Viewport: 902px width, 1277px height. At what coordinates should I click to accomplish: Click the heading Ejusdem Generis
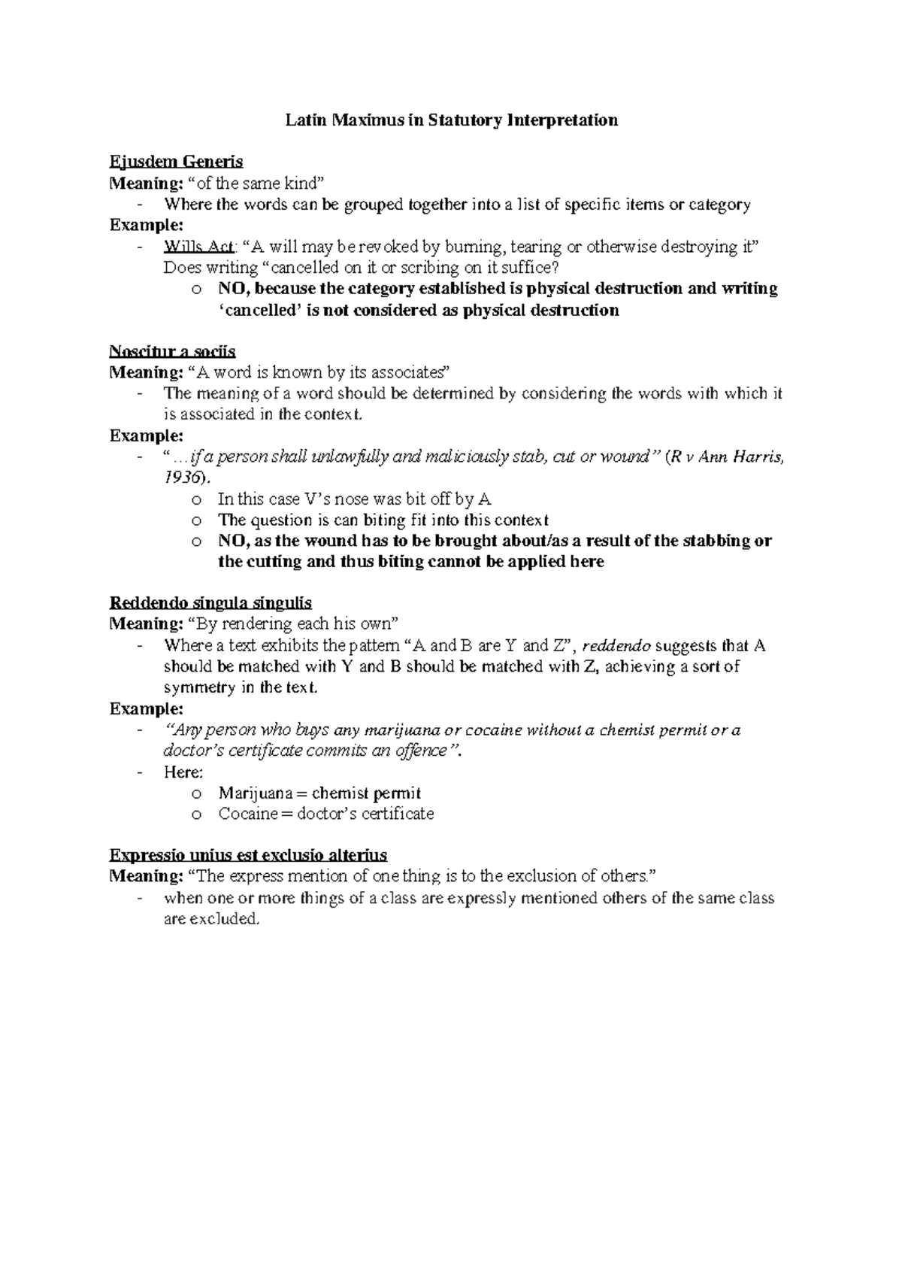click(176, 162)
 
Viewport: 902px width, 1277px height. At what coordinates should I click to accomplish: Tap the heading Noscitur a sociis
click(173, 351)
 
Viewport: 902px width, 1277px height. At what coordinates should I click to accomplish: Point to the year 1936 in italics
click(183, 478)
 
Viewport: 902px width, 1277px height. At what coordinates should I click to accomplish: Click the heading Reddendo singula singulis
click(210, 603)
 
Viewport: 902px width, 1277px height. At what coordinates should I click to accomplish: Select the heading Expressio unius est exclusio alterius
click(248, 855)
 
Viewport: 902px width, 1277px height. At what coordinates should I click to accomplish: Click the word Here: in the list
click(183, 772)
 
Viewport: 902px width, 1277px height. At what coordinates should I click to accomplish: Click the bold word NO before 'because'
click(232, 289)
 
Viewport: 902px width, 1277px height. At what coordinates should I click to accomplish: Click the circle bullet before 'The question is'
click(196, 520)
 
